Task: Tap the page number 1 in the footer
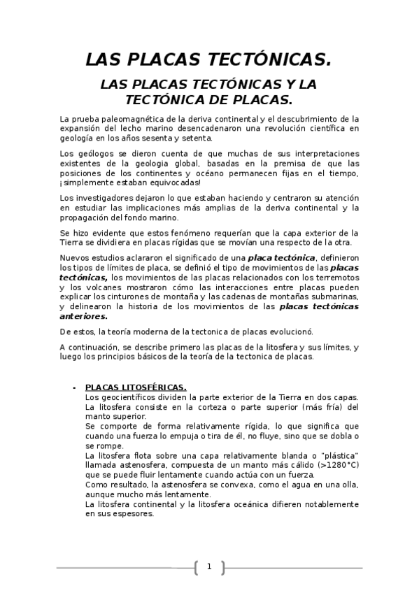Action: click(x=208, y=566)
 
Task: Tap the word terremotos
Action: click(x=334, y=276)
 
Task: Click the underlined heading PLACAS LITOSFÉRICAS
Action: click(x=136, y=387)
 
